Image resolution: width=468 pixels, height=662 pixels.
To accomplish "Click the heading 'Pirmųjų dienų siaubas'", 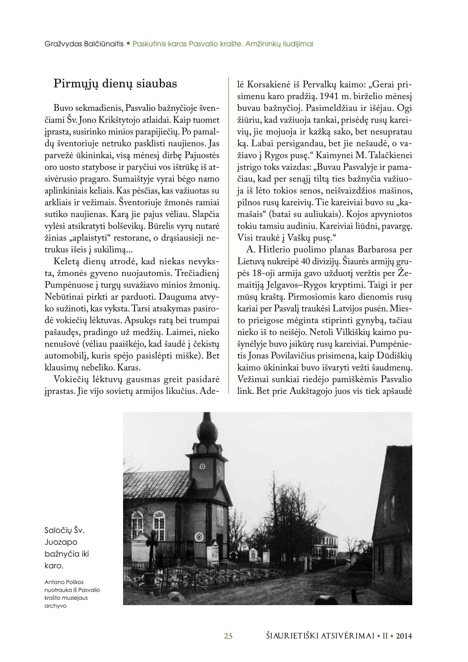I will point(115,84).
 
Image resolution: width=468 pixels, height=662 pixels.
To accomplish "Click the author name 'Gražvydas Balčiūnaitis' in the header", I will point(84,44).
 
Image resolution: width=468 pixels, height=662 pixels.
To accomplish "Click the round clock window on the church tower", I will point(203,466).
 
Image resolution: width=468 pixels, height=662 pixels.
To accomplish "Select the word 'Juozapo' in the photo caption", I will point(61,542).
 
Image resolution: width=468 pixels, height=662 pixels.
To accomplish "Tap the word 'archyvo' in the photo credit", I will point(55,606).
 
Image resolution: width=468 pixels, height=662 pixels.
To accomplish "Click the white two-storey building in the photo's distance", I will point(327,542).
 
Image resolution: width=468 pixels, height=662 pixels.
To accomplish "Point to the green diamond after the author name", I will point(128,44).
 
